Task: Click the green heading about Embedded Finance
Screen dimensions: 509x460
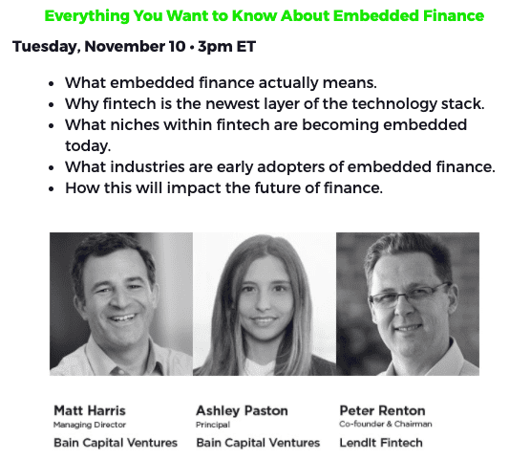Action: (x=264, y=15)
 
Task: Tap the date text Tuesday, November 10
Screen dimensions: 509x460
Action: (x=98, y=47)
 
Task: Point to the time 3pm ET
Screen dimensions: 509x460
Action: (x=226, y=46)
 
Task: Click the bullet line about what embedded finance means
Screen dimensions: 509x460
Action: (x=221, y=83)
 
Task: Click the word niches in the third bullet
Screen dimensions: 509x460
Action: (x=135, y=125)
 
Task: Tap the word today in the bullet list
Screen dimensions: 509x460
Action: (x=88, y=146)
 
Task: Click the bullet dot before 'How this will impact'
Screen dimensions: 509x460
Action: (x=51, y=188)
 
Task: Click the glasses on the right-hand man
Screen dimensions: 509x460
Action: (x=410, y=296)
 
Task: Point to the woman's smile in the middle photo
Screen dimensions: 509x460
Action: (x=264, y=322)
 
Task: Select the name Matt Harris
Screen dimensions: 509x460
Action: (x=90, y=410)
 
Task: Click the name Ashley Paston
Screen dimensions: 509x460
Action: (x=242, y=411)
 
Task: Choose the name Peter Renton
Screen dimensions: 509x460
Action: (x=382, y=410)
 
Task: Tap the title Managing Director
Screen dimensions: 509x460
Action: (x=90, y=425)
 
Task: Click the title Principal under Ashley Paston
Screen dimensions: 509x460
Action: (x=213, y=425)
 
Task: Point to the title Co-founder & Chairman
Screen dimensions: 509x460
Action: (x=386, y=425)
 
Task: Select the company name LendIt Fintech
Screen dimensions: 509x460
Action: (x=381, y=443)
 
